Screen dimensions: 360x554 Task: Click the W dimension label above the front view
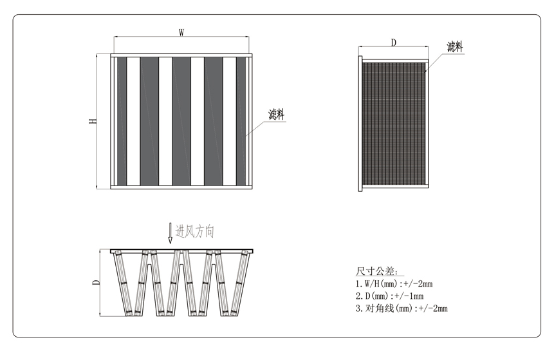click(181, 32)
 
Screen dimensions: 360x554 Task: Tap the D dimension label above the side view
click(393, 43)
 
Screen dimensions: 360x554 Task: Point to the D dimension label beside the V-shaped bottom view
click(96, 282)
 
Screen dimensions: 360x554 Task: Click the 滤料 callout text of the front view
click(276, 115)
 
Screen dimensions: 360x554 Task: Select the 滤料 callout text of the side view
click(455, 46)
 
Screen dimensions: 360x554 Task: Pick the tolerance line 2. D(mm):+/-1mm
click(389, 296)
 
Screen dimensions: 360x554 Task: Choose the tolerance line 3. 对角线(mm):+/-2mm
click(401, 308)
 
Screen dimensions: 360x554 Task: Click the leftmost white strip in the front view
click(133, 121)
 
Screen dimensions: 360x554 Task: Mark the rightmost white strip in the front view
click(230, 121)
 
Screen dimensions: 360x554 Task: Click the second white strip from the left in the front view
click(165, 121)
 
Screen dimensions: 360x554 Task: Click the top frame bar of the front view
click(181, 55)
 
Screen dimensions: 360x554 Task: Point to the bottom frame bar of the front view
click(181, 187)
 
